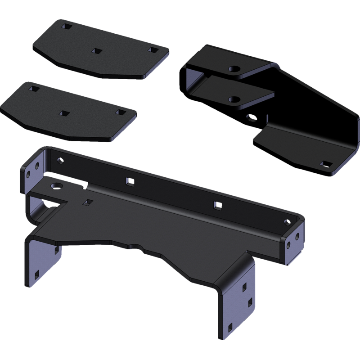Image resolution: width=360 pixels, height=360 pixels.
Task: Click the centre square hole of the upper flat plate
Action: [95, 52]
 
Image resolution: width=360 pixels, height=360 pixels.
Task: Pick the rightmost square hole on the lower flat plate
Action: [119, 111]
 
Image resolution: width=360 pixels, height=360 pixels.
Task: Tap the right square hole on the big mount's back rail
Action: [218, 205]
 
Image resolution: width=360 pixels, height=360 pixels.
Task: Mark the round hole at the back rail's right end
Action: [287, 221]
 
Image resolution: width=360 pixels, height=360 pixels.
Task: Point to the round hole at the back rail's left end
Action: [60, 161]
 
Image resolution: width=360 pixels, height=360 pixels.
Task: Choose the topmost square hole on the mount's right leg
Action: [244, 286]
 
